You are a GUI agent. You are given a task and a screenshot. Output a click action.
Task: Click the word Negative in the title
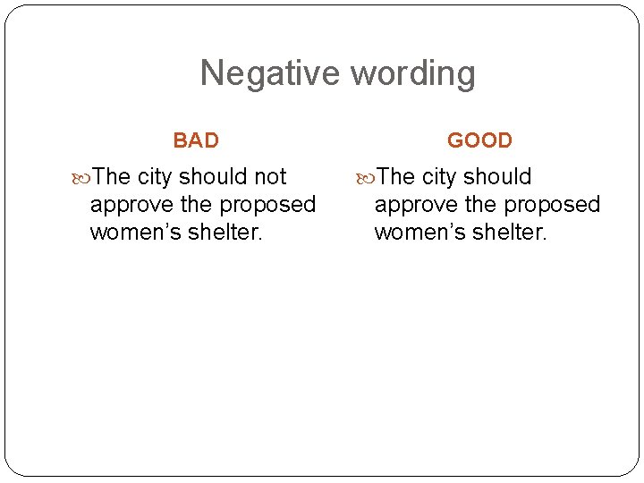tap(270, 73)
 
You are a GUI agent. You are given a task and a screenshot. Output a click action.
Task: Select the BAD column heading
tap(196, 140)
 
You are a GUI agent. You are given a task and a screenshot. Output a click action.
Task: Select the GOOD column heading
tap(479, 140)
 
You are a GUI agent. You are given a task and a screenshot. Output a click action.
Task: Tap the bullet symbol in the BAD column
tap(83, 177)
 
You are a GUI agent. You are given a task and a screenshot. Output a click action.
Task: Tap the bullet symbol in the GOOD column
tap(367, 177)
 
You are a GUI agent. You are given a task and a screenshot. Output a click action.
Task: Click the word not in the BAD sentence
tap(271, 177)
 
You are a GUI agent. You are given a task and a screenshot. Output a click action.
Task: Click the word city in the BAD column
tap(155, 178)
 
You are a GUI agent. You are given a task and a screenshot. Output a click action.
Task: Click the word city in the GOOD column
tap(438, 178)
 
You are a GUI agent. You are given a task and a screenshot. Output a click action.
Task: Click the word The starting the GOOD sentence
tap(396, 177)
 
